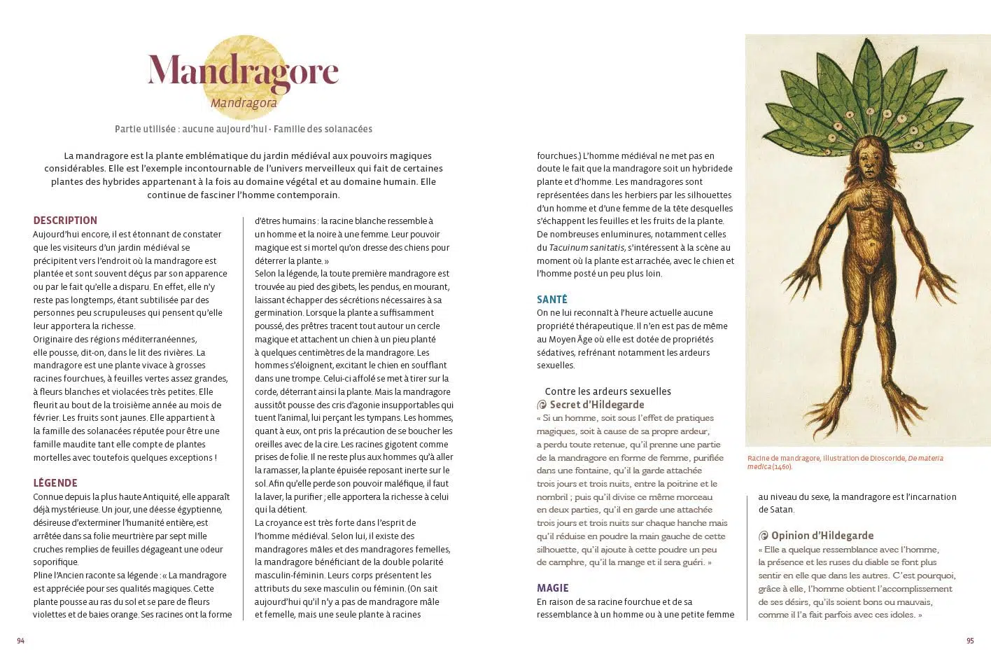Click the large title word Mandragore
(x=243, y=71)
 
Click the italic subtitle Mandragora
(x=244, y=104)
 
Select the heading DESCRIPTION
(x=65, y=221)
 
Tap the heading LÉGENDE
(x=55, y=483)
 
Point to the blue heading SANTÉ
(x=551, y=300)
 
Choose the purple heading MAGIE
(x=552, y=588)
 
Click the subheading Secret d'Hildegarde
(x=596, y=405)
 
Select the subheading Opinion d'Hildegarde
(x=822, y=536)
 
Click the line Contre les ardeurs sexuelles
(x=607, y=391)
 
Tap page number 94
(x=21, y=641)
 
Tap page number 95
(x=970, y=641)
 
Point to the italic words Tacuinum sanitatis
(x=586, y=247)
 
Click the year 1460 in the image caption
(x=782, y=467)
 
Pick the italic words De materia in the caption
(x=925, y=459)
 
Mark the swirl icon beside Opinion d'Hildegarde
(x=764, y=536)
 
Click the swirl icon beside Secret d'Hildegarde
(x=541, y=405)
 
